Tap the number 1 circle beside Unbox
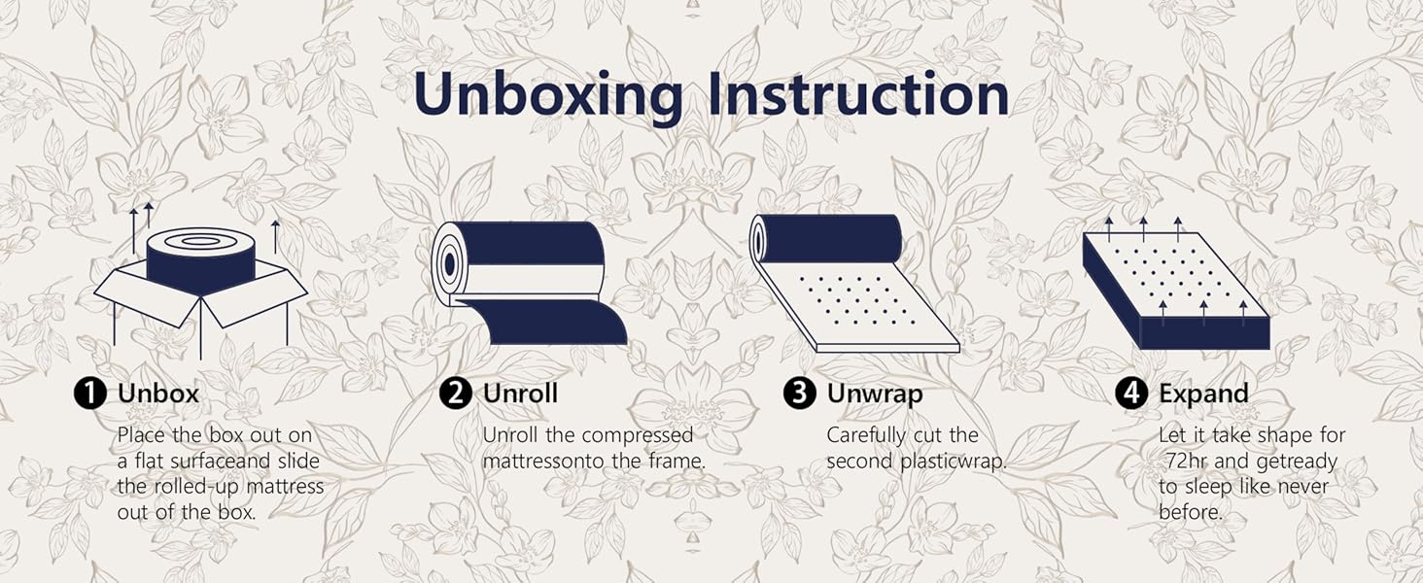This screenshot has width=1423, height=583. pos(90,394)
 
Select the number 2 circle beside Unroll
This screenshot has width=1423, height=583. pos(456,394)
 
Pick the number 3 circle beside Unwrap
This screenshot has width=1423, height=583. pos(799,394)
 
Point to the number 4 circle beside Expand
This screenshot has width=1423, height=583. pos(1130,394)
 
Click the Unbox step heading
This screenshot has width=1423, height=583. pos(158,394)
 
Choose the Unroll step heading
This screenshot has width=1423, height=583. pos(521,394)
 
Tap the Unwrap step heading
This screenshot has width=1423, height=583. pos(874,394)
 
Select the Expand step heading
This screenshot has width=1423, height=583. pos(1203,394)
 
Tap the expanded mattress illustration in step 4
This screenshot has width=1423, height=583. pos(1176,291)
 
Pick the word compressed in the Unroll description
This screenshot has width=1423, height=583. pos(638,435)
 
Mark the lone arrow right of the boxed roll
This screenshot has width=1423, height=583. pos(276,235)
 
